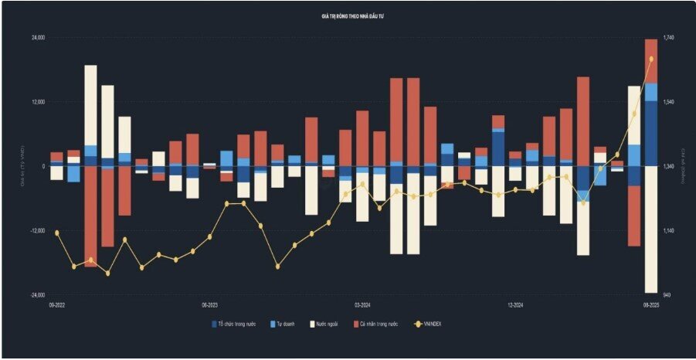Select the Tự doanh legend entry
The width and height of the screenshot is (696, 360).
pos(285,324)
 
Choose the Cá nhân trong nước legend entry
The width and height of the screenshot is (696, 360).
pos(378,324)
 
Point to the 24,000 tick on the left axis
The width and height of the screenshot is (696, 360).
pos(38,38)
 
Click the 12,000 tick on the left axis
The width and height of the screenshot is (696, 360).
pos(38,102)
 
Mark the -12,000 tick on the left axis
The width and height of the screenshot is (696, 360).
pos(37,231)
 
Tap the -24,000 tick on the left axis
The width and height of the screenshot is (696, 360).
pos(37,295)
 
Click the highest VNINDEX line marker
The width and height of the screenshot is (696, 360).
pos(651,59)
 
